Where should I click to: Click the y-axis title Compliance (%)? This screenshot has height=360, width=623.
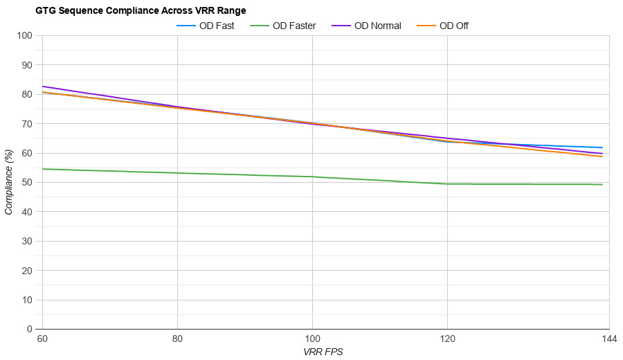tap(8, 182)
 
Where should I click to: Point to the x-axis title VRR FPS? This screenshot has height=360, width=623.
tap(323, 352)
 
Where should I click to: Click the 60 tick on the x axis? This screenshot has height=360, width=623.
tap(42, 339)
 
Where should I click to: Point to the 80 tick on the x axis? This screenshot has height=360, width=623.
tap(177, 339)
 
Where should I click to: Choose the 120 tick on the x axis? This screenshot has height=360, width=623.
tap(447, 339)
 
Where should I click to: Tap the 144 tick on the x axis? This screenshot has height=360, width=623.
tap(609, 339)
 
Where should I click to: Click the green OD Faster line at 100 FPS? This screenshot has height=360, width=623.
tap(312, 177)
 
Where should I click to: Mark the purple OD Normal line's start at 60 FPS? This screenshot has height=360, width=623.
tap(43, 87)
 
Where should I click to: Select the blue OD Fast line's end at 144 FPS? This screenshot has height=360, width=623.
tap(602, 147)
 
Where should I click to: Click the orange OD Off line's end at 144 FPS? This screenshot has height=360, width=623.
tap(602, 156)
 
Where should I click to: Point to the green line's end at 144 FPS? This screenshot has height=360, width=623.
tap(602, 184)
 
